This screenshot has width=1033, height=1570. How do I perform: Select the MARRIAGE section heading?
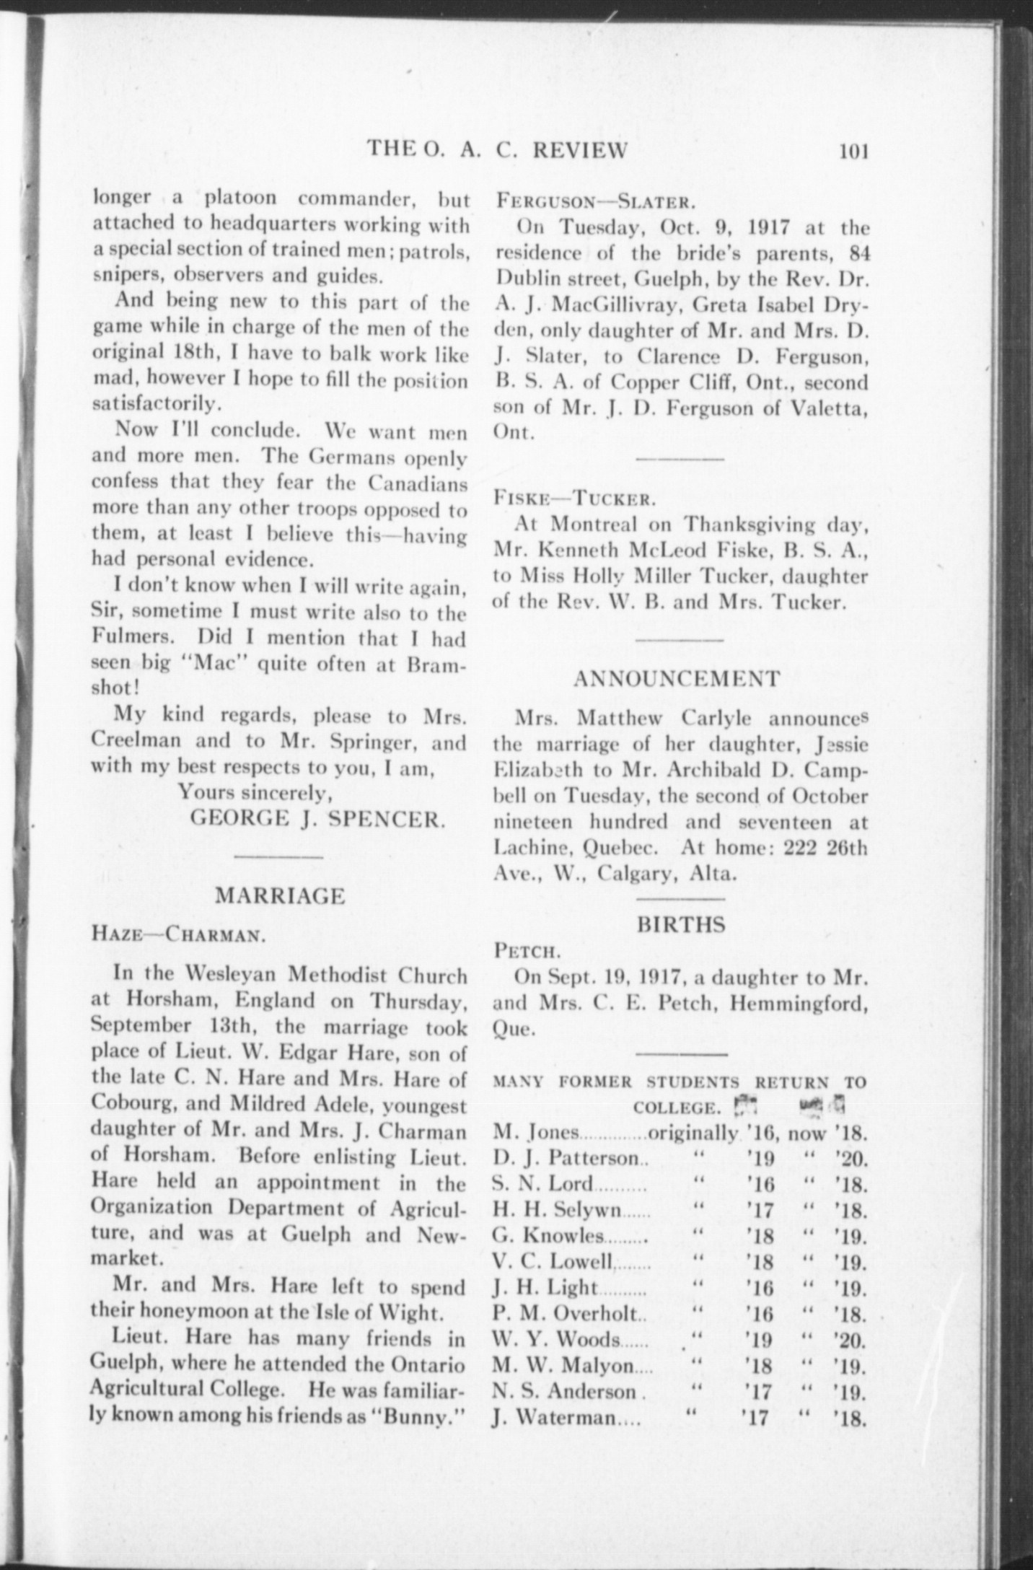281,896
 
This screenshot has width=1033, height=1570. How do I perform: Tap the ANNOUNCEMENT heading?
677,679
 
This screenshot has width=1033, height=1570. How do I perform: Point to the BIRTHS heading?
681,925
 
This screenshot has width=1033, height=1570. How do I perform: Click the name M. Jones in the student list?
535,1132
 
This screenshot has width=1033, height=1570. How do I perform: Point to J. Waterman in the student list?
553,1418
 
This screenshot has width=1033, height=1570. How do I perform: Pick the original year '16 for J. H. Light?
760,1288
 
